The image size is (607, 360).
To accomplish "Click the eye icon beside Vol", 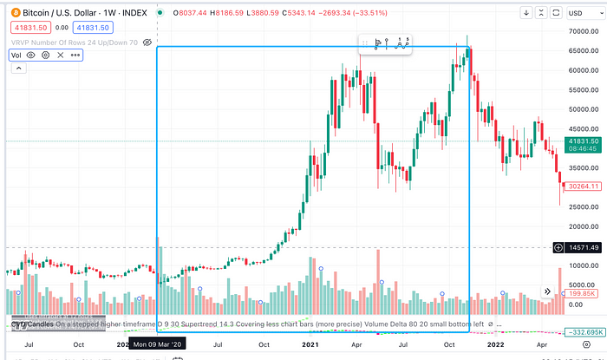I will pos(30,55).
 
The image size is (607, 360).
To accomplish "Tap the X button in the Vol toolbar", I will pos(60,55).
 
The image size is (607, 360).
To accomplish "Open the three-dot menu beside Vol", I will pos(75,55).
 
